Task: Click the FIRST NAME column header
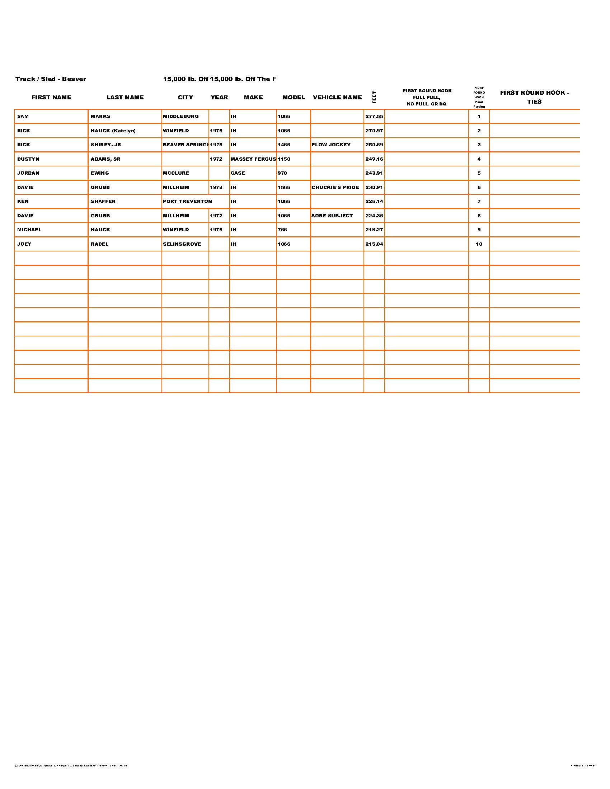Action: coord(51,97)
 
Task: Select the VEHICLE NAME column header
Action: coord(337,97)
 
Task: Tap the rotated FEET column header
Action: coord(374,97)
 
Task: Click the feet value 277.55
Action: coord(374,117)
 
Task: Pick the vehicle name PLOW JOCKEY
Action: coord(331,145)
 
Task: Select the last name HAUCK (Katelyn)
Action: coord(113,131)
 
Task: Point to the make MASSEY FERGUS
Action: coord(253,159)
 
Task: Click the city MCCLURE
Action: coord(176,173)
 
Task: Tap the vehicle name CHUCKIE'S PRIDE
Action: coord(335,188)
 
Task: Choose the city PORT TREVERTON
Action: coord(187,202)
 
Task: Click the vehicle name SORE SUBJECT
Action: coord(332,216)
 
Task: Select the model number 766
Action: coord(282,230)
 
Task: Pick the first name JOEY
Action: coord(24,244)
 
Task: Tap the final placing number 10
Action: coord(479,244)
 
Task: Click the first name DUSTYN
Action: coord(28,159)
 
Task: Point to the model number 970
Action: coord(282,173)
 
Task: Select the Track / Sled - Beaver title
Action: coord(51,79)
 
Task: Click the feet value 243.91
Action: coord(374,173)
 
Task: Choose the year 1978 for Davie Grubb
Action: coord(216,188)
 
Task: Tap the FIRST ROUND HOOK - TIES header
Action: coord(534,97)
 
